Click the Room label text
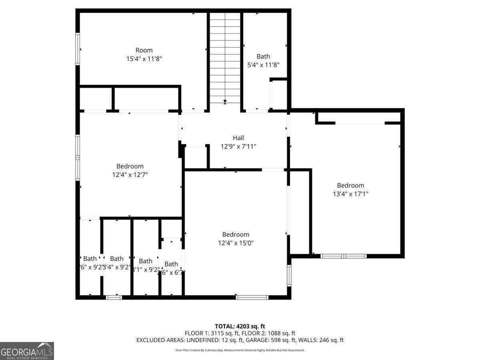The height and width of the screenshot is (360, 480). [x=144, y=50]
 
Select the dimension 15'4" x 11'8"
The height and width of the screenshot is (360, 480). [x=144, y=59]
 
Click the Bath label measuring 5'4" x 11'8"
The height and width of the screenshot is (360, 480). [x=263, y=56]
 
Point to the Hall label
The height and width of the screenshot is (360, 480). [x=238, y=138]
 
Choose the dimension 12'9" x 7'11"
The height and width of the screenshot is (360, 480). [x=238, y=146]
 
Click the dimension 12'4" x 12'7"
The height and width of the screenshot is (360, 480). [x=130, y=175]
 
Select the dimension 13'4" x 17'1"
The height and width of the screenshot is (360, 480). [x=350, y=194]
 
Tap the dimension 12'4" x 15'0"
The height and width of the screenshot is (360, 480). [x=236, y=243]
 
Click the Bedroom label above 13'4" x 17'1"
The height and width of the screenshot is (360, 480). [x=350, y=185]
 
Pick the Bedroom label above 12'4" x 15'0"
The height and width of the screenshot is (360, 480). [x=236, y=234]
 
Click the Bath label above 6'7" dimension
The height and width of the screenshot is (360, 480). [x=171, y=264]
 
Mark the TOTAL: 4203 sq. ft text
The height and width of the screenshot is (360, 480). [x=240, y=326]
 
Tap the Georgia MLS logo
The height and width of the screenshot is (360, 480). [x=27, y=351]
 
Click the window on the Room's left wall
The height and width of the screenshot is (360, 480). [x=78, y=49]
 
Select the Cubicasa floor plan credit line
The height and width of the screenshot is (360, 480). [x=240, y=350]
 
